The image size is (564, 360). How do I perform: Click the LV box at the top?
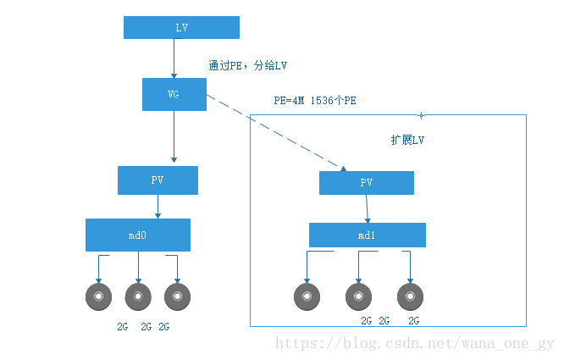pyautogui.click(x=181, y=28)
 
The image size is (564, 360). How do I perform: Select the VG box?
pyautogui.click(x=174, y=94)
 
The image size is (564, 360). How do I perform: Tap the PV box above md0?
pyautogui.click(x=158, y=180)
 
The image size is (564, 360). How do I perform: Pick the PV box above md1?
pyautogui.click(x=366, y=183)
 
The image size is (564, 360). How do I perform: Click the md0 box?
pyautogui.click(x=137, y=235)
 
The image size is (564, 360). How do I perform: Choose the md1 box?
pyautogui.click(x=366, y=235)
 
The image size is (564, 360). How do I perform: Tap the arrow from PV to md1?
pyautogui.click(x=367, y=208)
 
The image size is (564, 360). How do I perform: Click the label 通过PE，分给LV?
pyautogui.click(x=253, y=65)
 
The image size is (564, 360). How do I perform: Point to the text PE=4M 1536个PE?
pyautogui.click(x=314, y=100)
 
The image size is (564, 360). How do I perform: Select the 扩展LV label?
pyautogui.click(x=406, y=141)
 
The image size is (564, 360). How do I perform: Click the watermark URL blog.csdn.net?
pyautogui.click(x=415, y=343)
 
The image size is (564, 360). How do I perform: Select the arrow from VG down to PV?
pyautogui.click(x=174, y=136)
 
